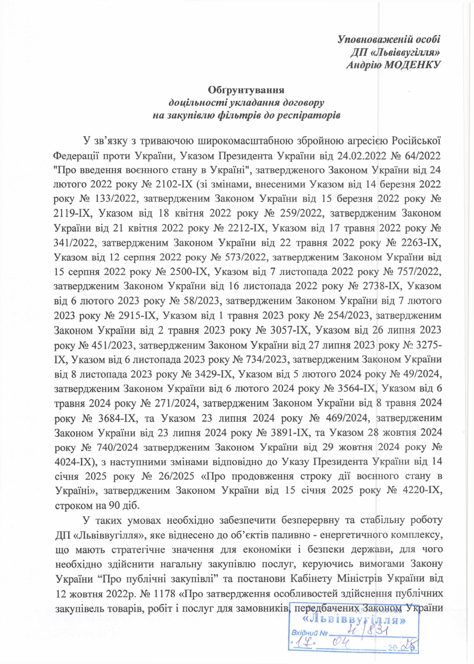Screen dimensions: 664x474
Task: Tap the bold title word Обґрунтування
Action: click(246, 90)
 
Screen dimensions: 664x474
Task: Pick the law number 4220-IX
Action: click(419, 491)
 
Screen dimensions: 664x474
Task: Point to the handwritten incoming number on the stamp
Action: click(366, 632)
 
